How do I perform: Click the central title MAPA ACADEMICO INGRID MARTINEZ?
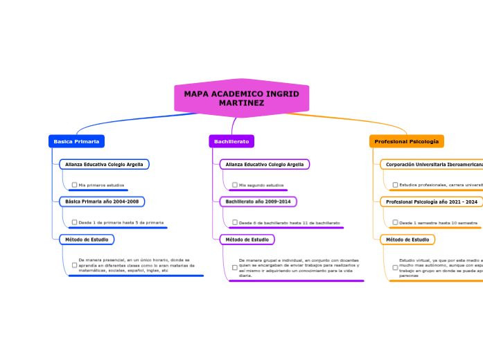[x=241, y=98]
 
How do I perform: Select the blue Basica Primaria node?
[x=76, y=141]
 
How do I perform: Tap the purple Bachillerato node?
[x=231, y=141]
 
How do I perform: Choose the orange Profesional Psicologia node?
[x=406, y=141]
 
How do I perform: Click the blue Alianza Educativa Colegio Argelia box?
[x=104, y=165]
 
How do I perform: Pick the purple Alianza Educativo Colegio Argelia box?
[x=265, y=165]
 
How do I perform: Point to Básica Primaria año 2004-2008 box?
[x=102, y=201]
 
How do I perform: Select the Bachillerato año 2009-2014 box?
[x=258, y=201]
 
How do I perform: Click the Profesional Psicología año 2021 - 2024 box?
[x=431, y=202]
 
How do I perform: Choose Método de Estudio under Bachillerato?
[x=247, y=240]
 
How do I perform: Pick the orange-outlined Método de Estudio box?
[x=407, y=240]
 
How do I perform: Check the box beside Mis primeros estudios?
[x=74, y=185]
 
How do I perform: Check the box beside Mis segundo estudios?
[x=235, y=185]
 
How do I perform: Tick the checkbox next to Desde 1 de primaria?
[x=74, y=222]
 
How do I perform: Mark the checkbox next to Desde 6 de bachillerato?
[x=235, y=222]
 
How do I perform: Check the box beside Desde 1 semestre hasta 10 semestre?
[x=395, y=222]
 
